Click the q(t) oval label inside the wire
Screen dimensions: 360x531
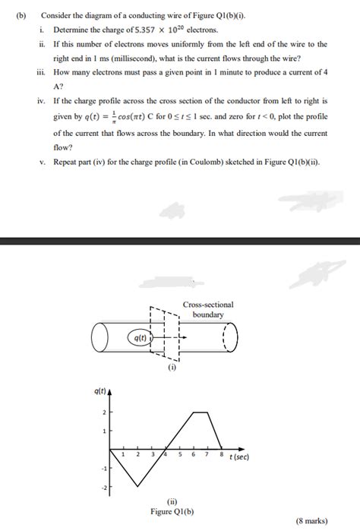click(x=140, y=337)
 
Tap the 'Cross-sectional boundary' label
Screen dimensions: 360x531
click(x=208, y=309)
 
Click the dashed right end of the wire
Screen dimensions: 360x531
click(x=229, y=337)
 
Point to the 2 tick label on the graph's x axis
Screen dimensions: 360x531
click(x=138, y=454)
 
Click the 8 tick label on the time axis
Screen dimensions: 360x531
click(x=221, y=454)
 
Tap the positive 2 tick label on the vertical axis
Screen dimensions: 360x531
click(x=104, y=411)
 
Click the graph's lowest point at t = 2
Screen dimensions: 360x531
click(x=138, y=485)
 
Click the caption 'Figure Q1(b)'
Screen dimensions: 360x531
click(x=172, y=511)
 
